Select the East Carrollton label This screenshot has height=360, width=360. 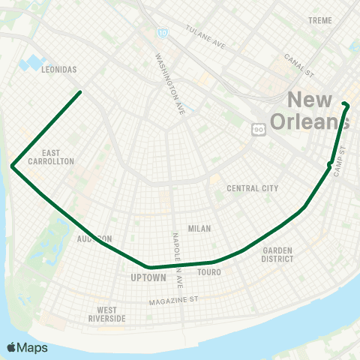pyautogui.click(x=52, y=156)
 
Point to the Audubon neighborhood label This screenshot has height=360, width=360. pyautogui.click(x=94, y=238)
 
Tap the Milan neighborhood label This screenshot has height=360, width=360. pyautogui.click(x=199, y=229)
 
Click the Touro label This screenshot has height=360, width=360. pyautogui.click(x=209, y=272)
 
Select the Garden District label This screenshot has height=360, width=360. pyautogui.click(x=277, y=255)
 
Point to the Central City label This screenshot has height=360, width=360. pyautogui.click(x=253, y=188)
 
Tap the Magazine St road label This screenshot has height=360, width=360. pyautogui.click(x=172, y=300)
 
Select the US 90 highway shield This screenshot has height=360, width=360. pyautogui.click(x=259, y=130)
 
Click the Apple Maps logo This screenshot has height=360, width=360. pyautogui.click(x=27, y=347)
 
